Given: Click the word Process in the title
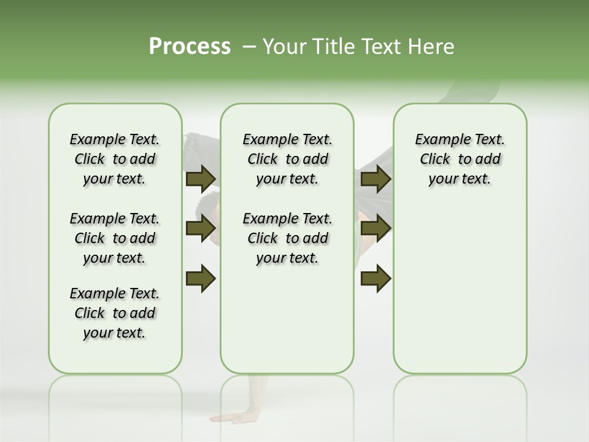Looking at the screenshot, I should click(190, 47).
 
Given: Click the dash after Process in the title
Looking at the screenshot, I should click(248, 47).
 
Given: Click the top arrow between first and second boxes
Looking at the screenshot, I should click(201, 179).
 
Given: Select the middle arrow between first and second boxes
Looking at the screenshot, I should click(201, 228).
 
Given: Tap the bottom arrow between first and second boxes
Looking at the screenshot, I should click(201, 278).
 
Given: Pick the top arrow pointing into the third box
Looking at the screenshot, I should click(376, 179).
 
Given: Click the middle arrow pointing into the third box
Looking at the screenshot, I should click(376, 228).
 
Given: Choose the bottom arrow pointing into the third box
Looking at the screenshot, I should click(376, 278).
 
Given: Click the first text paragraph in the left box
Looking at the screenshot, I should click(115, 159).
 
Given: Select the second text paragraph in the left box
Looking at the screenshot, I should click(115, 238).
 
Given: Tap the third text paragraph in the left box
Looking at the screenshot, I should click(115, 313).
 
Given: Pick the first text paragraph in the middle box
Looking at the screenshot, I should click(287, 159).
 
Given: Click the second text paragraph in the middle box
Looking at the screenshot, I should click(287, 238).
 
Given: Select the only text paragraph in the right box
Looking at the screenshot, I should click(460, 159).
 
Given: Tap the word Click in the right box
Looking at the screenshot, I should click(435, 160).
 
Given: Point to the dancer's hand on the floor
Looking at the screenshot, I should click(236, 417).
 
